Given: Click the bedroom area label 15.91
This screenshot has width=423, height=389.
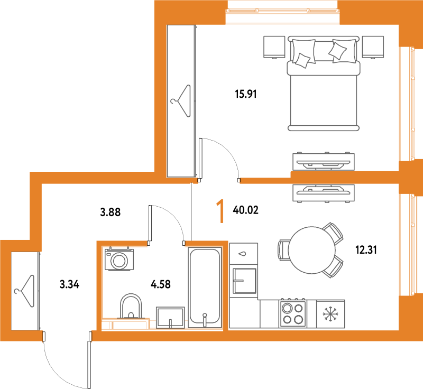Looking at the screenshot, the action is (245, 94).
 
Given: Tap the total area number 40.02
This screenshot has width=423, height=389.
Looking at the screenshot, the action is (245, 210).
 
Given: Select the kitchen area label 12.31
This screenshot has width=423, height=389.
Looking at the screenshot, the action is (366, 250).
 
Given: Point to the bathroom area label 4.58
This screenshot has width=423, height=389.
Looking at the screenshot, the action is (161, 284).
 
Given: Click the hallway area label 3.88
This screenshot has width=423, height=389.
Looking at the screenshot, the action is (110, 212).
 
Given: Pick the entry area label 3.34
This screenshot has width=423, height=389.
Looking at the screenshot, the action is (69, 284).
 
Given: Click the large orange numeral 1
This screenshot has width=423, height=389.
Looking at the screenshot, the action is (220, 211).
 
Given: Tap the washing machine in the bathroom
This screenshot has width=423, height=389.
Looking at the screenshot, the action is (119, 258).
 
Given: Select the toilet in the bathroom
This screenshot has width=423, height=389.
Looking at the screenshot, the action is (131, 306).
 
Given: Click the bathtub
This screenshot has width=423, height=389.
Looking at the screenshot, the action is (205, 288).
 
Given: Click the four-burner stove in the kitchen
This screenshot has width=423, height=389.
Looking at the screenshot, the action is (293, 313).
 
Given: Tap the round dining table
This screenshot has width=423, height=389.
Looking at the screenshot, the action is (311, 250).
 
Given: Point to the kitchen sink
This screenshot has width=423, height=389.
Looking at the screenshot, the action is (244, 281).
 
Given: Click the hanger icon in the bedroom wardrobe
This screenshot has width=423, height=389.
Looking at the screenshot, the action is (181, 101).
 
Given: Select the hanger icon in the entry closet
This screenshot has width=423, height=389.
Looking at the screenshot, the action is (25, 291).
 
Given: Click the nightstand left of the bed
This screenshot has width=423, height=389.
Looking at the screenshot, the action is (274, 47).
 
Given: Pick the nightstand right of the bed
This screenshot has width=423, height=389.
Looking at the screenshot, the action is (373, 47).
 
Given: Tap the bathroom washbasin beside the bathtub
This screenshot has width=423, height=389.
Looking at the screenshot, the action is (170, 317).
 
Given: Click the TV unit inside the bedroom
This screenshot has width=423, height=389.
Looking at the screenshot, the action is (324, 161).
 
